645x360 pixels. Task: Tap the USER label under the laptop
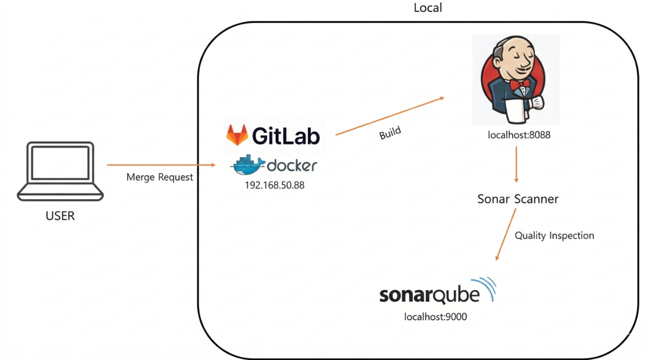[60, 217]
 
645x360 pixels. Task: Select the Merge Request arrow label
[160, 177]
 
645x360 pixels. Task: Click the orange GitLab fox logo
[237, 135]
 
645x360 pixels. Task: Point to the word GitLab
[286, 135]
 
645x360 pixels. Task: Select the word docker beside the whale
[291, 165]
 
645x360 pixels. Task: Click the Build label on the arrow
[390, 133]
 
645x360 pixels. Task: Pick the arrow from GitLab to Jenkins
[390, 116]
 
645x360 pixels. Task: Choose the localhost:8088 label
[519, 135]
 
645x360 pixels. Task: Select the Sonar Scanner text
[518, 199]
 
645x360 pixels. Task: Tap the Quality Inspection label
[554, 235]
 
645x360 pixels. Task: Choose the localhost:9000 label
[435, 317]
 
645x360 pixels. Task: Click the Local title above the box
[428, 8]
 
